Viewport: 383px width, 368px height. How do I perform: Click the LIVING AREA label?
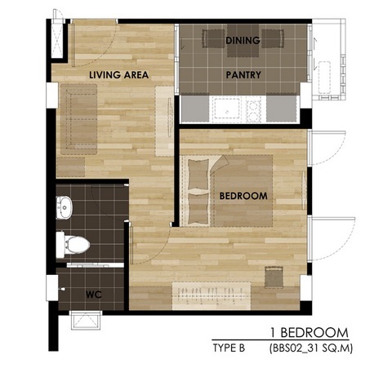coord(118,75)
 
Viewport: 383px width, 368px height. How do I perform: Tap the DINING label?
coord(243,40)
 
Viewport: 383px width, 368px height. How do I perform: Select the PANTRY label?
coord(243,75)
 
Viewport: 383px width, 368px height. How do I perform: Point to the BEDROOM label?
coord(243,196)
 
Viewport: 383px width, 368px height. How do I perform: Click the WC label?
coord(94,295)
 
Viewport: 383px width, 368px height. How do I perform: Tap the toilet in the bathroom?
coord(73,245)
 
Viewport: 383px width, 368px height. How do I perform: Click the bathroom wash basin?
coord(65,208)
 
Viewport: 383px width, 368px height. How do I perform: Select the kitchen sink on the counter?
coord(227,109)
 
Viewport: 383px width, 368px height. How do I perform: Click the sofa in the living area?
coord(78,119)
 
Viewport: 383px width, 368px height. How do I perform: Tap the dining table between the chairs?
coord(243,41)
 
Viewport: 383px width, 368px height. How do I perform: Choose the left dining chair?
coord(213,38)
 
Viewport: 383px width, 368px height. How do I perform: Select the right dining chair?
coord(273,38)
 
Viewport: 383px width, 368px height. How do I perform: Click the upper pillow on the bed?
coord(198,175)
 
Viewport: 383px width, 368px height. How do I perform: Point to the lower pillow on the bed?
coord(198,208)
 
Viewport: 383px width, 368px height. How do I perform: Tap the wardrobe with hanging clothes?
coord(212,296)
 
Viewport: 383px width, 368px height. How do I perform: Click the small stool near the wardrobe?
coord(274,277)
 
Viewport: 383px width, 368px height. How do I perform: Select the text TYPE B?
coord(229,348)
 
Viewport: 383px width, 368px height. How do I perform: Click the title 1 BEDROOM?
coord(310,333)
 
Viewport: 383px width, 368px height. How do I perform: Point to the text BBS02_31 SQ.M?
coord(311,348)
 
